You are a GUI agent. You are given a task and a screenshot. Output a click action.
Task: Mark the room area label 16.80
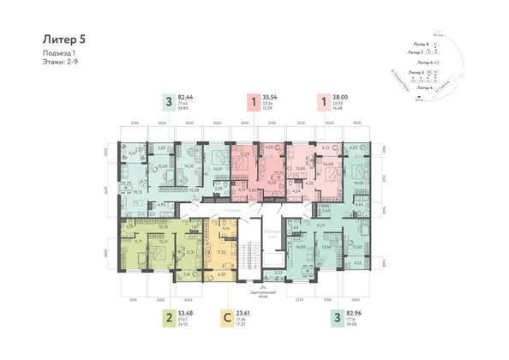tap(302, 248)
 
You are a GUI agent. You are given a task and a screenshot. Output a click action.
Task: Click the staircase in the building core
tap(250, 255)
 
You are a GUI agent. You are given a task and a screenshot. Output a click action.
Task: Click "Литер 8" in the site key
tap(421, 43)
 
